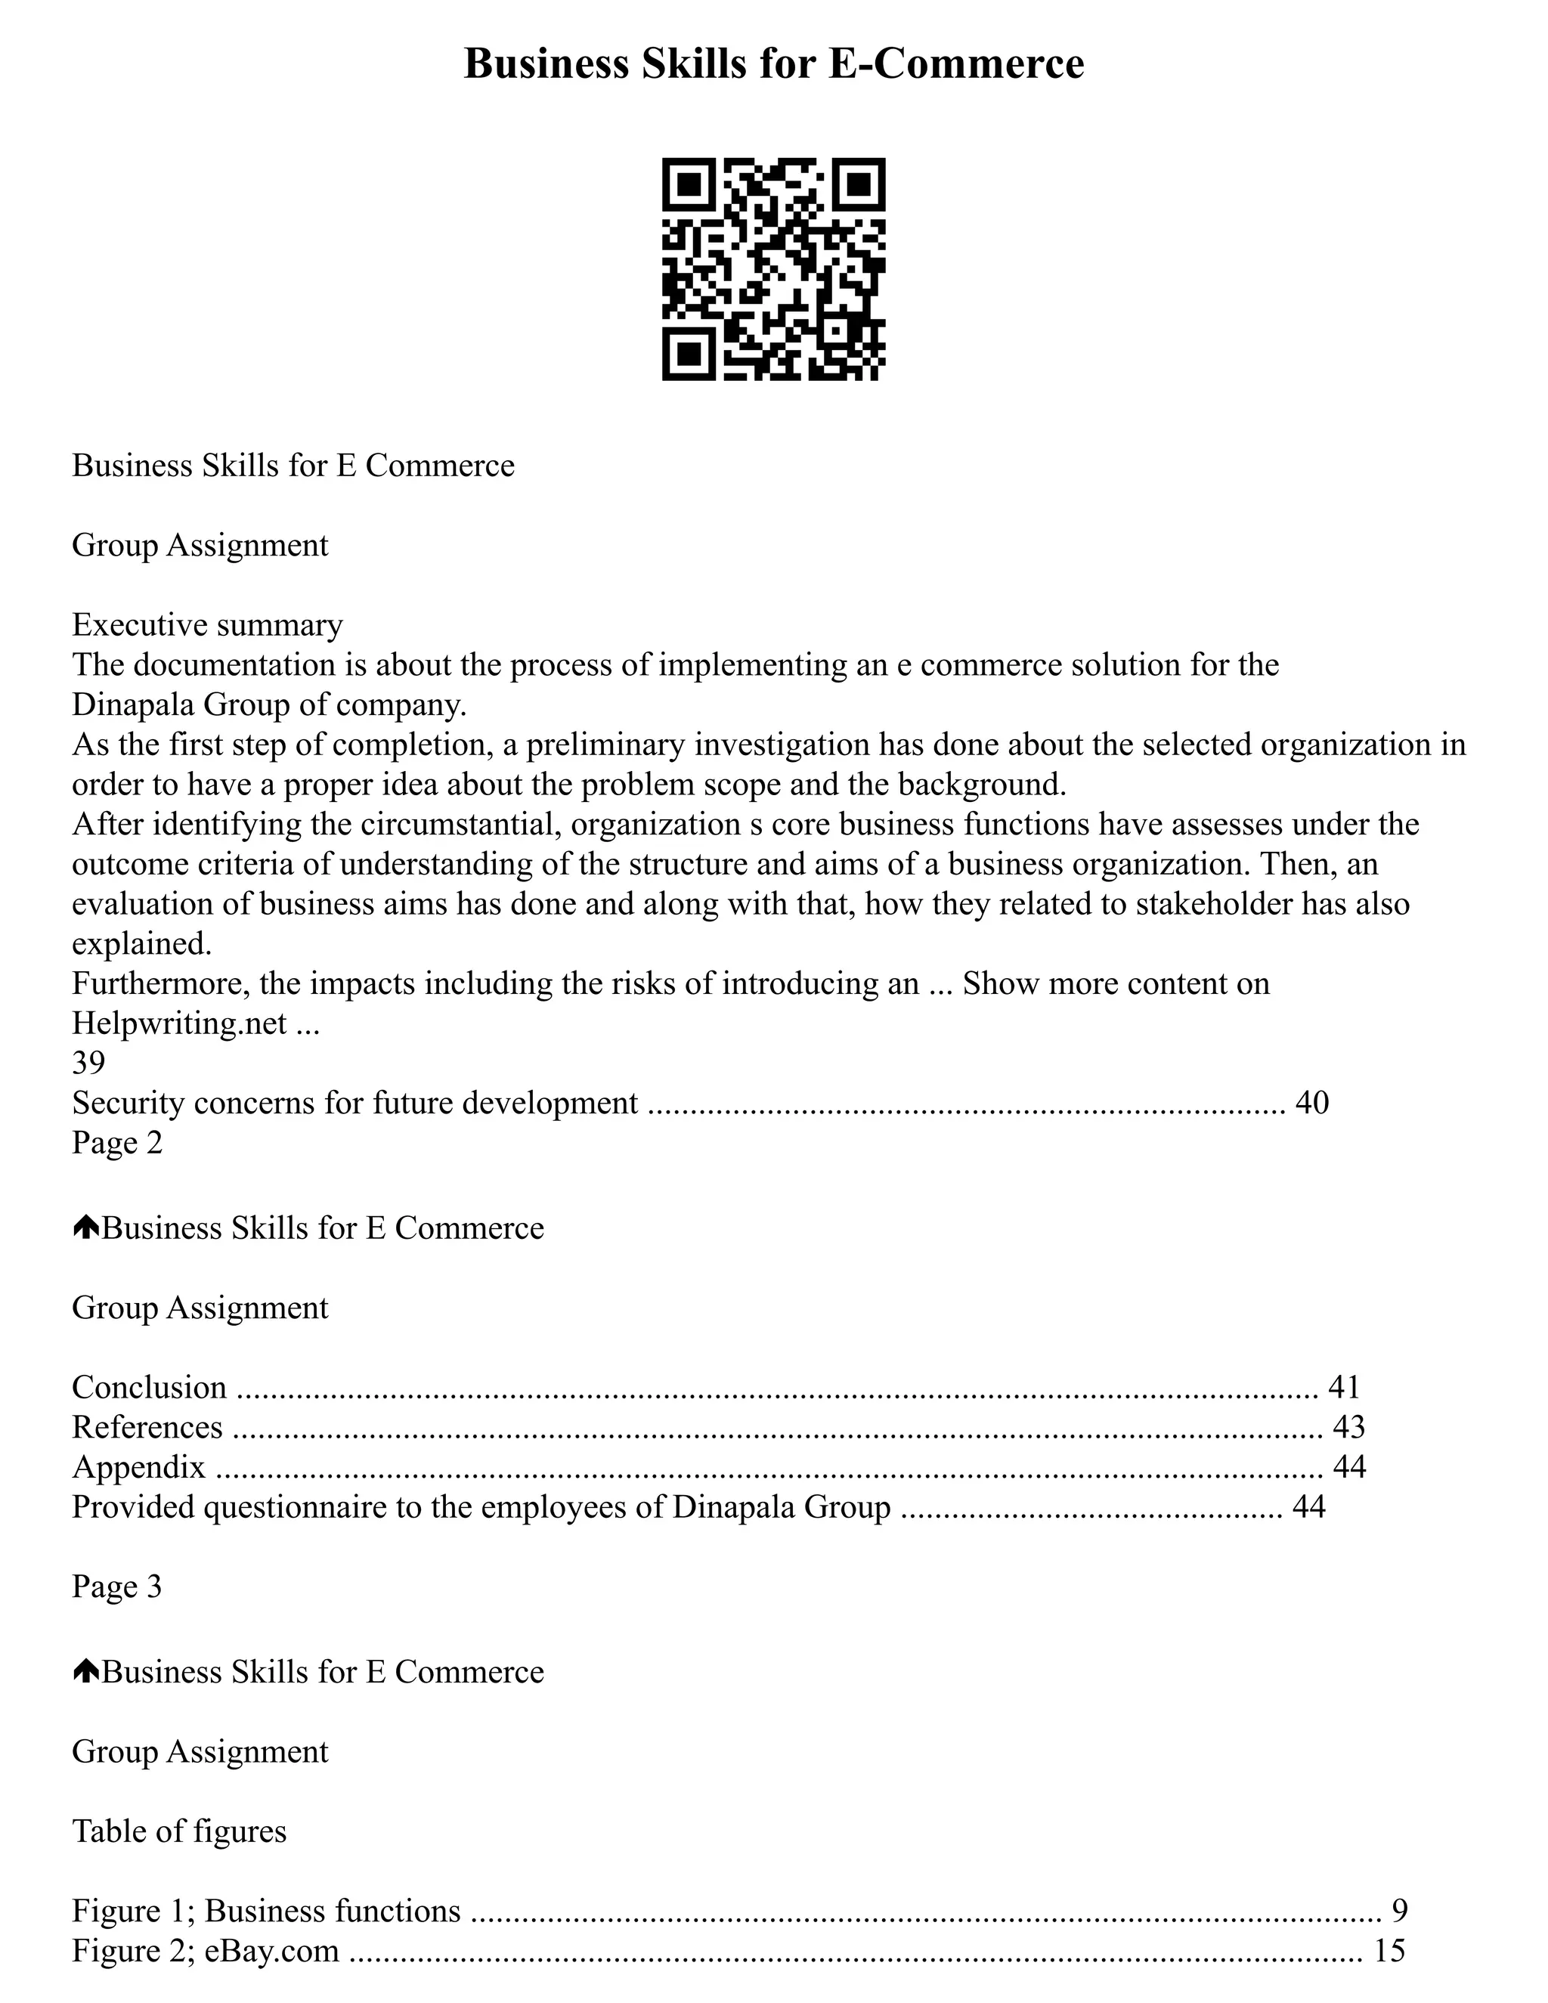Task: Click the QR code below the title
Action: click(x=773, y=269)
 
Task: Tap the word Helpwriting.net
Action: click(x=179, y=1023)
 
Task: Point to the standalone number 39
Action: click(x=88, y=1062)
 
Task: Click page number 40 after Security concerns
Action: click(x=1311, y=1102)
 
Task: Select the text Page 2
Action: click(x=116, y=1143)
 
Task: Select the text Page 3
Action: click(x=116, y=1587)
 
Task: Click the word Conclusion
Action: click(x=149, y=1387)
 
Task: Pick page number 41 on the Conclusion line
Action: click(x=1343, y=1387)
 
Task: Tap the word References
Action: click(x=147, y=1427)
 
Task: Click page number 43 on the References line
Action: click(x=1348, y=1427)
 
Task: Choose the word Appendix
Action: click(x=138, y=1467)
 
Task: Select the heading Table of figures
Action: click(x=179, y=1831)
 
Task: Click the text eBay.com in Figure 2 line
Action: click(x=271, y=1950)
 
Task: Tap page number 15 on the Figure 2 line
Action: click(x=1389, y=1950)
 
